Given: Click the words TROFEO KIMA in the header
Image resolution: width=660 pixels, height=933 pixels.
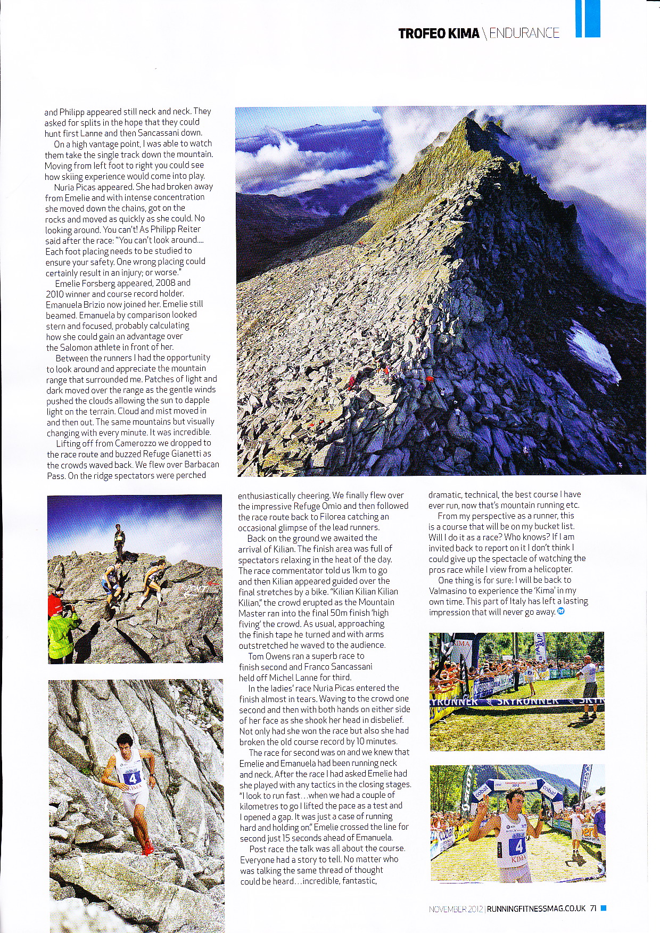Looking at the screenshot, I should click(x=439, y=34).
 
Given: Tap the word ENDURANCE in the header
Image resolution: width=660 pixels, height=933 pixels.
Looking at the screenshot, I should click(x=524, y=34).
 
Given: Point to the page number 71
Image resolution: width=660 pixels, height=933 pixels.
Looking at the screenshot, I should click(x=593, y=909).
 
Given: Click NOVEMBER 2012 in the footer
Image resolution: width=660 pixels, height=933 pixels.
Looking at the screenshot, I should click(x=456, y=909).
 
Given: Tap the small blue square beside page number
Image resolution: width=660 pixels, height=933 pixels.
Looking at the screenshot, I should click(x=603, y=909).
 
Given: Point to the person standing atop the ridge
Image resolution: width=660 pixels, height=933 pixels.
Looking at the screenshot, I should click(x=120, y=542).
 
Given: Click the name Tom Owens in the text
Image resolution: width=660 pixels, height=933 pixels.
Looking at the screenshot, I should click(x=270, y=656).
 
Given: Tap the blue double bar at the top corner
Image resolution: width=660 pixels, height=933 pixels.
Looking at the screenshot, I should click(x=588, y=18).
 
